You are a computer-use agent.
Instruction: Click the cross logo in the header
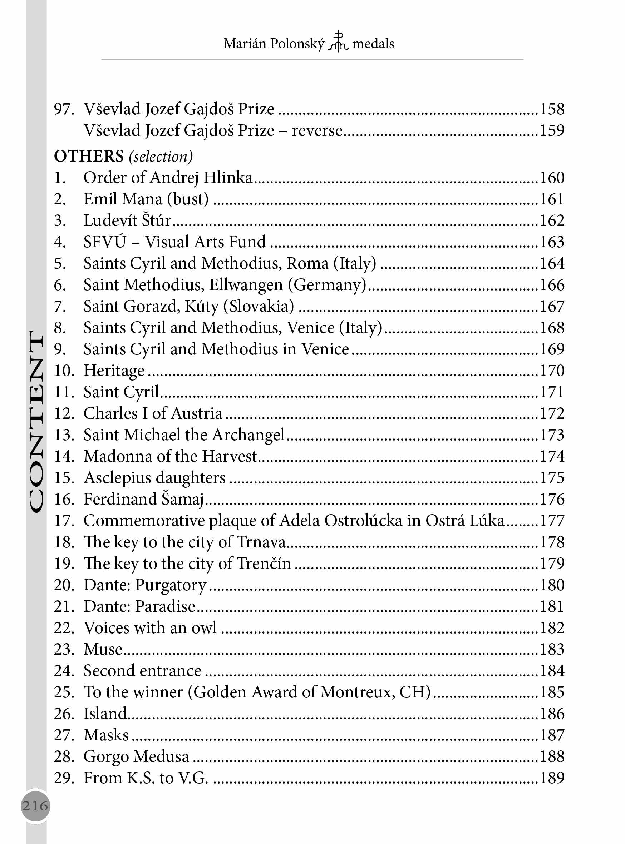tap(338, 41)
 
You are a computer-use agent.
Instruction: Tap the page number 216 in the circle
tap(35, 805)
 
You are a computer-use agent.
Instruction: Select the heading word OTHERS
tap(89, 156)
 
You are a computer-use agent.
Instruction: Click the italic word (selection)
tap(161, 157)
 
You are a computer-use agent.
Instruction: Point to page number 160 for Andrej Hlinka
tap(552, 178)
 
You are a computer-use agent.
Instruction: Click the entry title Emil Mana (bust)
tap(146, 199)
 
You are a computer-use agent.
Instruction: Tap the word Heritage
tap(114, 371)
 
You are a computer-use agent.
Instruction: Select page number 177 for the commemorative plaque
tap(552, 521)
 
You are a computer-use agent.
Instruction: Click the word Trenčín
tap(264, 564)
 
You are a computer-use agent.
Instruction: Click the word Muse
tap(103, 649)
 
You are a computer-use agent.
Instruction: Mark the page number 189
tap(552, 778)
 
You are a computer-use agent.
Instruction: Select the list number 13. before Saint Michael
tap(64, 435)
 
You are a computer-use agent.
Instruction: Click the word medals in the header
tap(373, 44)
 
